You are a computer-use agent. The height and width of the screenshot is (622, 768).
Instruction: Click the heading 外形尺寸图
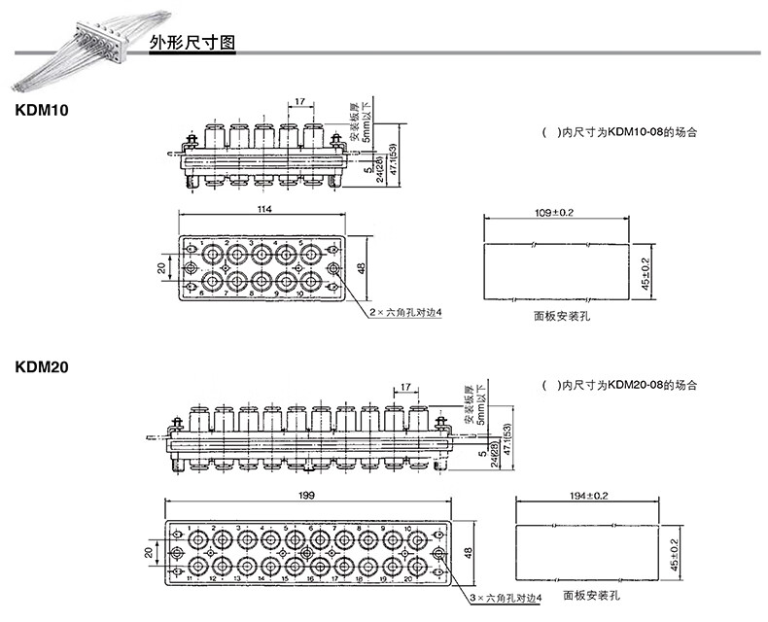192,45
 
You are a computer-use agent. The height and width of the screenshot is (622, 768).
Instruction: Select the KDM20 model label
41,367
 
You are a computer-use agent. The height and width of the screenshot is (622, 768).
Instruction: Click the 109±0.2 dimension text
555,211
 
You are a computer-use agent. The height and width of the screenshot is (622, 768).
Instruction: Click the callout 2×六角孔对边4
405,312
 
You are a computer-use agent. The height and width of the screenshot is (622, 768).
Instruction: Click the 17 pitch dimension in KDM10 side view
299,101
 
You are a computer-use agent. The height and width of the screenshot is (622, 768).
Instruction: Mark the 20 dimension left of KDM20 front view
149,551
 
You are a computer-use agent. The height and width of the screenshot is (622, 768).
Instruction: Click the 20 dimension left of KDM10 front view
161,265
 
